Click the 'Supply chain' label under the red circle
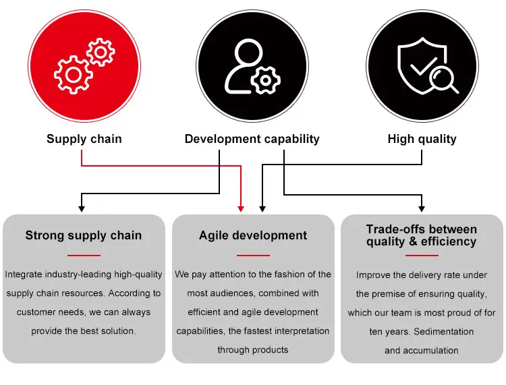84,140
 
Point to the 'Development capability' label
252,140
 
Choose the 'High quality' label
422,140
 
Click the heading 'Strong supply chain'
84,235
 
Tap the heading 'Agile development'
253,235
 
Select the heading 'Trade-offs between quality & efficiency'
422,235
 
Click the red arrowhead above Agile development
241,208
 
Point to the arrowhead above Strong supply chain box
82,208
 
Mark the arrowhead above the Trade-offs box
422,208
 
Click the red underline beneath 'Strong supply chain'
84,256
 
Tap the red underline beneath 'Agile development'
253,256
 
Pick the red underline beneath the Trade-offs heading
422,256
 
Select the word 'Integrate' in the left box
24,274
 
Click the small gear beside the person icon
266,80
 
